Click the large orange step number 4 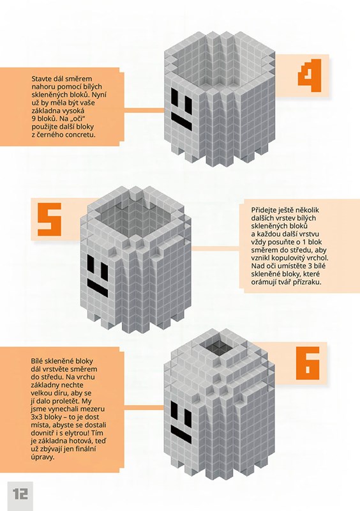pos(310,75)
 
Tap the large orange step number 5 pos(50,219)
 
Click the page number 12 pos(20,494)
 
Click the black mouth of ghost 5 pos(98,287)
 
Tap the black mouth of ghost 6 pos(181,435)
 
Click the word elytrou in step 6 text pos(77,434)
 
